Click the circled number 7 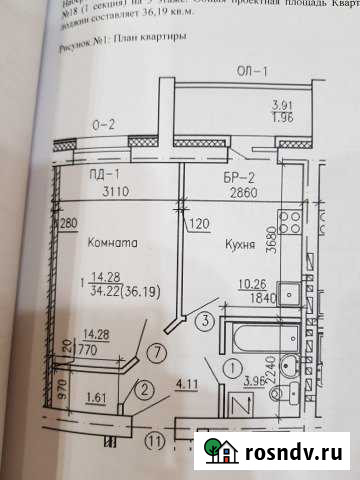154,352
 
